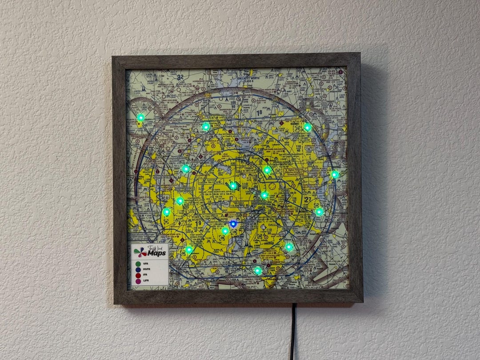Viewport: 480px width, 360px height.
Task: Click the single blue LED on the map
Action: (x=233, y=224)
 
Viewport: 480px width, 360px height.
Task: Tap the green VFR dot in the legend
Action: (x=138, y=264)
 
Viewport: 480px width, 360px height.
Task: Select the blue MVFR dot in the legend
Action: (x=138, y=270)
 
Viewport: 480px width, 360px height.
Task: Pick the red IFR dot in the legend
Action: (x=138, y=276)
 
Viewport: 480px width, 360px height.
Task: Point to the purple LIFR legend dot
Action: (x=138, y=281)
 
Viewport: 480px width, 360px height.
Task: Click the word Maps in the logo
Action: (x=157, y=253)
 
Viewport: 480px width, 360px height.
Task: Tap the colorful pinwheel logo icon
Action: (x=140, y=252)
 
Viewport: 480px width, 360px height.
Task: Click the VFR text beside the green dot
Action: (x=146, y=264)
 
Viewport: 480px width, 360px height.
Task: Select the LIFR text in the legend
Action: (x=146, y=281)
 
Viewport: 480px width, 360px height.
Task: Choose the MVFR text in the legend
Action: (x=147, y=270)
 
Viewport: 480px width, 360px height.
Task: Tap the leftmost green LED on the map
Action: (x=140, y=117)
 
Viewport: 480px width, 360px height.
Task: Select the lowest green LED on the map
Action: (x=258, y=270)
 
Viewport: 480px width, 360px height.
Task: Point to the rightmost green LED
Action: (x=335, y=174)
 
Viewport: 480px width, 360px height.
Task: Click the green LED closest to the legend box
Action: (x=189, y=250)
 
